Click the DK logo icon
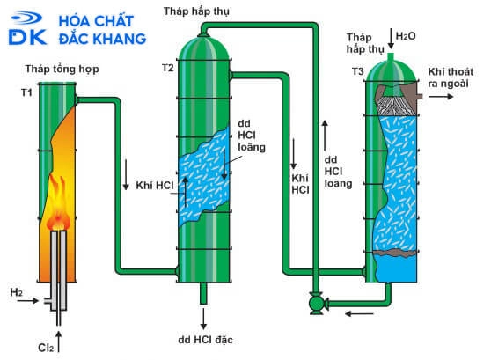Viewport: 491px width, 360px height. [x=27, y=28]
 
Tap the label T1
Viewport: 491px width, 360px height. [x=26, y=92]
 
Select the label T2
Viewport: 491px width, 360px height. [x=167, y=68]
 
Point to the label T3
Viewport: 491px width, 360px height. [x=357, y=71]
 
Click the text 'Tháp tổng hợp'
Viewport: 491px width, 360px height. [x=62, y=70]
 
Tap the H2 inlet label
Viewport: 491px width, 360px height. [x=17, y=292]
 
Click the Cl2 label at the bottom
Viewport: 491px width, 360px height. [x=46, y=348]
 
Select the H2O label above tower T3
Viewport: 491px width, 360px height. [x=406, y=36]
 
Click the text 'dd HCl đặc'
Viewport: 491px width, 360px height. [x=205, y=340]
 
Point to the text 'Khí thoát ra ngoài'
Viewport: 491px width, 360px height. [x=451, y=77]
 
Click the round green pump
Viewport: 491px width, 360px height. [x=317, y=304]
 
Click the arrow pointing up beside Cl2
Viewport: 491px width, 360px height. [x=59, y=342]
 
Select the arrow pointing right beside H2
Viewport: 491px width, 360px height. [x=27, y=301]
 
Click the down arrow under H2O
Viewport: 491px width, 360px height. [x=391, y=39]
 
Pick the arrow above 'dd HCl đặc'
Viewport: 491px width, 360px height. [x=203, y=319]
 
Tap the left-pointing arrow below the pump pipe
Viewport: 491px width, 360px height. [x=359, y=313]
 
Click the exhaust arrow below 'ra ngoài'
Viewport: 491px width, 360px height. [x=441, y=97]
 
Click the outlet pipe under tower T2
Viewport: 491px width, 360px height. [x=203, y=293]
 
